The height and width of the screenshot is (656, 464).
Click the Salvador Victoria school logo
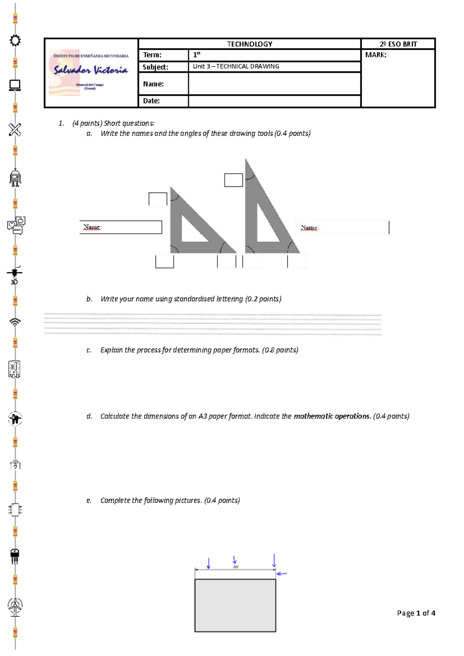point(91,72)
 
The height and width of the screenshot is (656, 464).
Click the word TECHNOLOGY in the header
point(249,44)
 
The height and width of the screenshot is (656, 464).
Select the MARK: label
point(375,55)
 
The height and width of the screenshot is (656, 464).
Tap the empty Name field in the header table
point(274,84)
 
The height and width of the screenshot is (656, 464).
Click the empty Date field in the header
point(274,101)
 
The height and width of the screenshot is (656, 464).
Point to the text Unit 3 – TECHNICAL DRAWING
point(236,67)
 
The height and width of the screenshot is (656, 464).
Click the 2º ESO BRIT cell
point(398,44)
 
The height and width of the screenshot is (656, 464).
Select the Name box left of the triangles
point(121,227)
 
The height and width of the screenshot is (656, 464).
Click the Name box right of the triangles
point(342,228)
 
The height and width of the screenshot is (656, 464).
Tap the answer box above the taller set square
point(234,180)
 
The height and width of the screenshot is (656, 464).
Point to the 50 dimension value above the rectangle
point(235,567)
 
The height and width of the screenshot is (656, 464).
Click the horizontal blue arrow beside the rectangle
point(282,574)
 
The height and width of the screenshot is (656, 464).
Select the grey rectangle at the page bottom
point(235,605)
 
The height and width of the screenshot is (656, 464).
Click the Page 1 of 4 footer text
point(416,613)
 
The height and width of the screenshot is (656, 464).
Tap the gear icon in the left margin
point(15,40)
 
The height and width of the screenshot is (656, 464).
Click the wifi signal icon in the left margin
point(15,321)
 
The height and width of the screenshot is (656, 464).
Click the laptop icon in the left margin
point(15,85)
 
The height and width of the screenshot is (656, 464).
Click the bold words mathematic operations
point(331,416)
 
